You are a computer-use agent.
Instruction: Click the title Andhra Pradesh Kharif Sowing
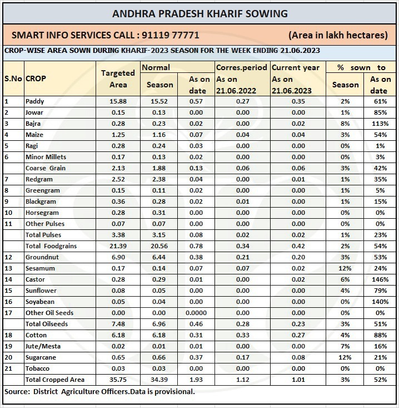(x=200, y=13)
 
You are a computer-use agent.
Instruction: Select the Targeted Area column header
(x=118, y=79)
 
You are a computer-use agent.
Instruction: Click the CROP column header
(x=36, y=78)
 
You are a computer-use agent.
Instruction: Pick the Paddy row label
(x=34, y=101)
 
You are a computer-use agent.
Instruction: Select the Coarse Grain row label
(x=46, y=168)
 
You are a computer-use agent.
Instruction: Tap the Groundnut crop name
(x=41, y=257)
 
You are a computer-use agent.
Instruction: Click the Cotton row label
(x=36, y=335)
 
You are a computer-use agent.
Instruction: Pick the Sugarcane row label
(x=41, y=357)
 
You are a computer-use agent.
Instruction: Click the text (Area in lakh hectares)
(x=338, y=35)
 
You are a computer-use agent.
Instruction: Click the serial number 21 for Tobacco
(x=7, y=368)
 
